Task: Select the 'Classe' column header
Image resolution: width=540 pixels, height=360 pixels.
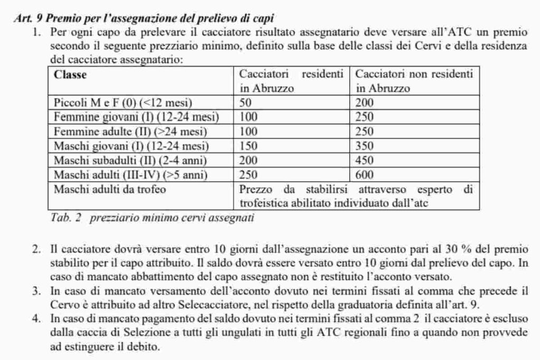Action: pos(71,75)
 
